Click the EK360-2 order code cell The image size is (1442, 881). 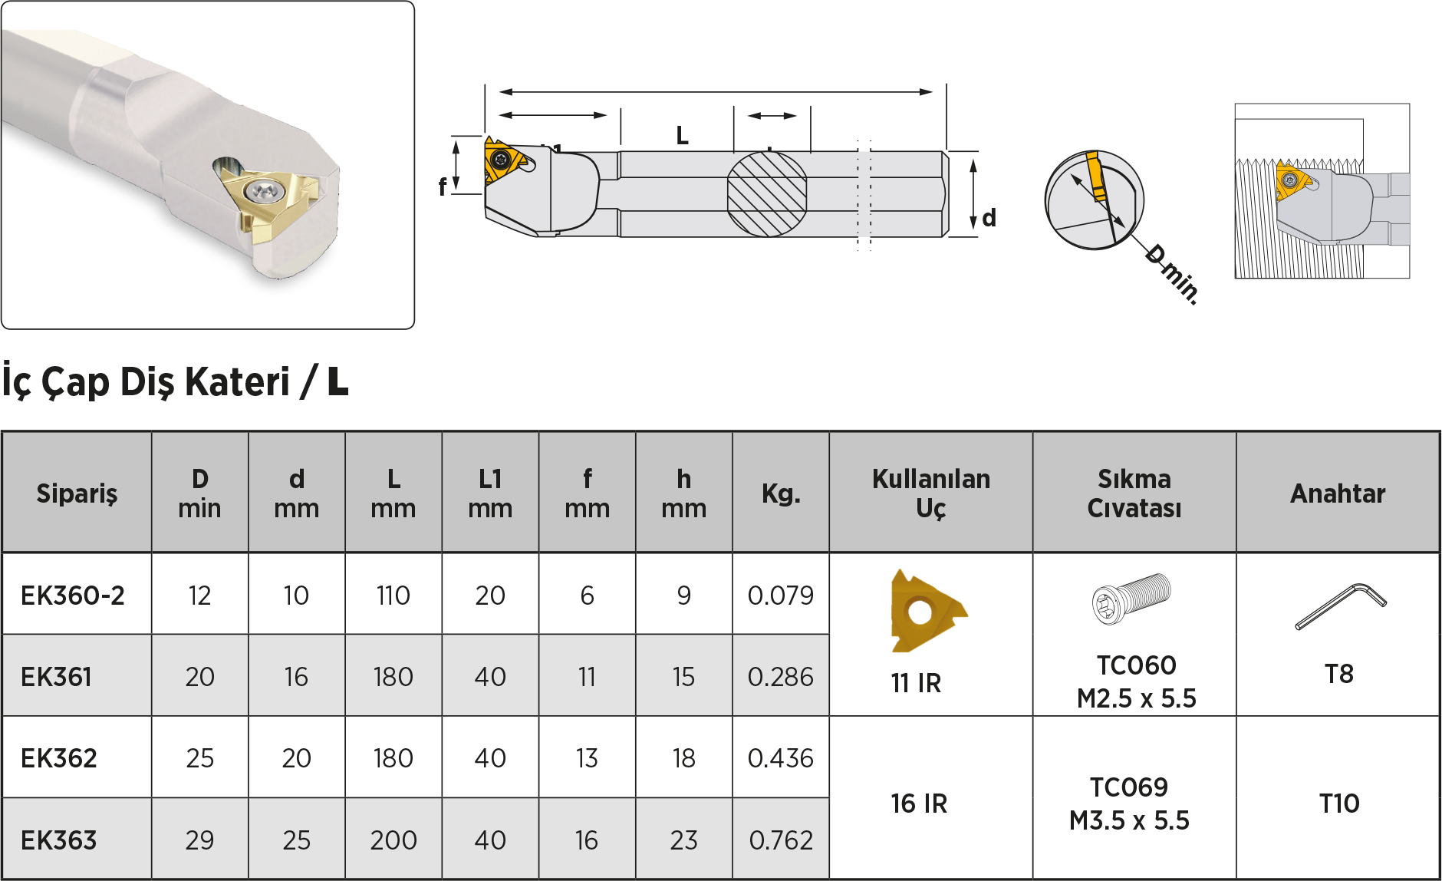tap(73, 596)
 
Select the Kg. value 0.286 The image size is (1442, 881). tap(781, 677)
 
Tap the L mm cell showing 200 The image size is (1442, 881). tap(393, 840)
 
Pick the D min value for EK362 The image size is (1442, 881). tap(199, 758)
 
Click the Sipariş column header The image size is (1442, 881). tap(77, 493)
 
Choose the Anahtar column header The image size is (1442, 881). tap(1338, 493)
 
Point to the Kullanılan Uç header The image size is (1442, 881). tap(931, 493)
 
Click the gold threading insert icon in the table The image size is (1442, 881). tap(927, 611)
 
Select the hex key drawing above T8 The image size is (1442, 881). tap(1341, 605)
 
